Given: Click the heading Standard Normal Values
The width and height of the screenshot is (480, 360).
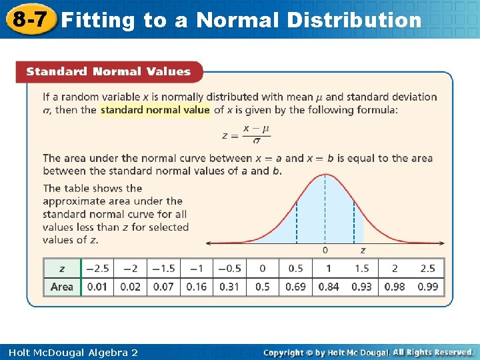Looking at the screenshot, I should click(x=108, y=71).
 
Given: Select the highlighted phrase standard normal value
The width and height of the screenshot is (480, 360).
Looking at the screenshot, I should click(x=155, y=110).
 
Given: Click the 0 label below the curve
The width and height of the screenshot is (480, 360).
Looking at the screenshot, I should click(x=325, y=251).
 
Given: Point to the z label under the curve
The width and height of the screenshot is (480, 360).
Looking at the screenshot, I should click(x=363, y=251).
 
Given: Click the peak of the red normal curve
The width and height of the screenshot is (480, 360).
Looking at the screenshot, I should click(x=325, y=175).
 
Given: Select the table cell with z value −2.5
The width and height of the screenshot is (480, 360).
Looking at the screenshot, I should click(x=97, y=268).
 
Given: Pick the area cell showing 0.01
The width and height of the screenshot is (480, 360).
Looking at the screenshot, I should click(x=97, y=287).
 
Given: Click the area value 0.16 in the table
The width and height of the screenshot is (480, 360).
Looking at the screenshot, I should click(x=196, y=287).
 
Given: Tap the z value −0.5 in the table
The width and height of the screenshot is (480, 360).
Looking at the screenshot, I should click(x=229, y=268).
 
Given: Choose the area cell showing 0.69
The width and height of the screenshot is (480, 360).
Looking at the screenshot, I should click(x=295, y=287).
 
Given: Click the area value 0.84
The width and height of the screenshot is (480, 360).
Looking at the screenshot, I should click(x=329, y=287).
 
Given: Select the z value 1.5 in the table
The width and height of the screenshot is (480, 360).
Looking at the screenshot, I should click(x=361, y=268).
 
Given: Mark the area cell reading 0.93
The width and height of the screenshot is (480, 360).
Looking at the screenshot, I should click(x=361, y=287).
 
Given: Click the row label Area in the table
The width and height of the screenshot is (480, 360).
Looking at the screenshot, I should click(x=62, y=287).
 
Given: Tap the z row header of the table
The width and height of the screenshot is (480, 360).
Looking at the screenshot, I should click(x=62, y=268).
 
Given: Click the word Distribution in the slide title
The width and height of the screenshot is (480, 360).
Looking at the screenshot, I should click(x=355, y=20).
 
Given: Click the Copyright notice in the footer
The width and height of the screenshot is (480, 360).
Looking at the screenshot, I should click(x=368, y=352).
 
